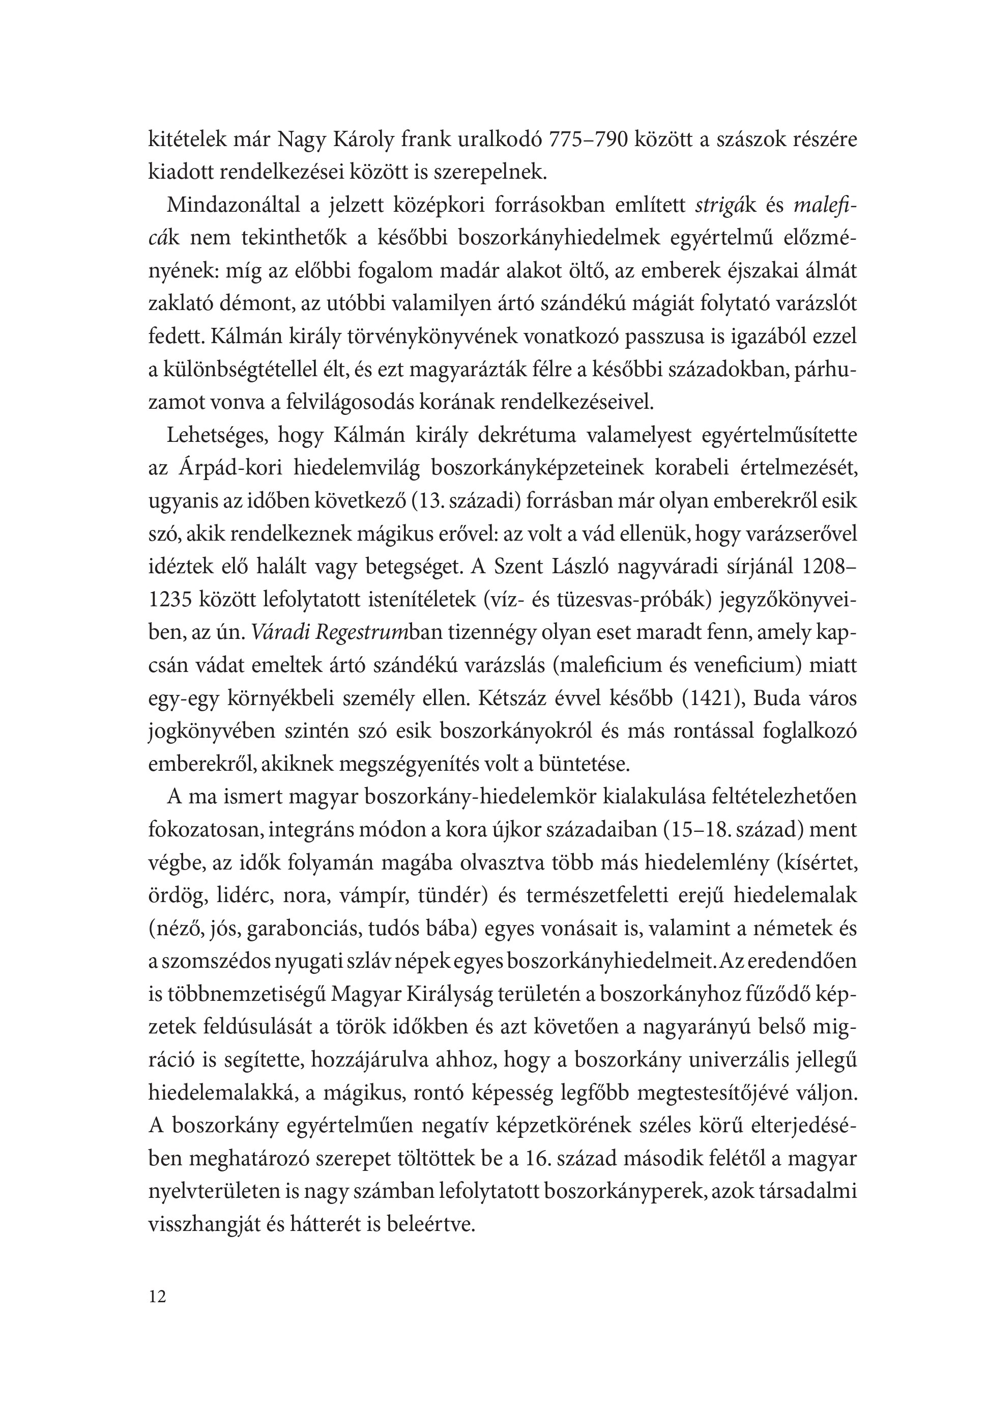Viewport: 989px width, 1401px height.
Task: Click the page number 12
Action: click(x=157, y=1309)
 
